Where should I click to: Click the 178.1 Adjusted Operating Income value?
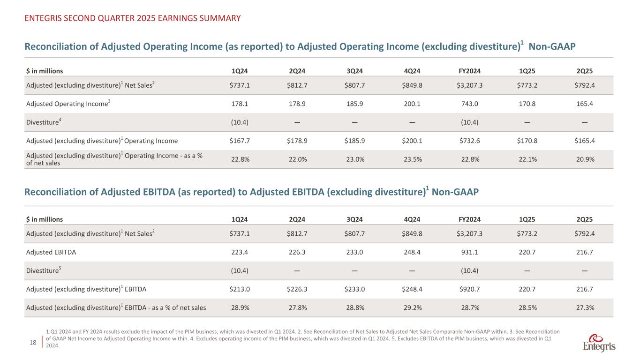[x=241, y=104]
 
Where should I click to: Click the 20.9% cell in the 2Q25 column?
[x=584, y=159]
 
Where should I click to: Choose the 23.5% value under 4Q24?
[x=412, y=159]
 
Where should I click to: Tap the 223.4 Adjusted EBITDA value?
[x=241, y=252]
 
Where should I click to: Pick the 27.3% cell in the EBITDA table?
[x=584, y=307]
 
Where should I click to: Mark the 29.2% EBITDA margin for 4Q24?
[x=412, y=307]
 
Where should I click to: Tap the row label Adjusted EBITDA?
[x=51, y=252]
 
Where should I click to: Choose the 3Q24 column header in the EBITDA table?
[x=355, y=219]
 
